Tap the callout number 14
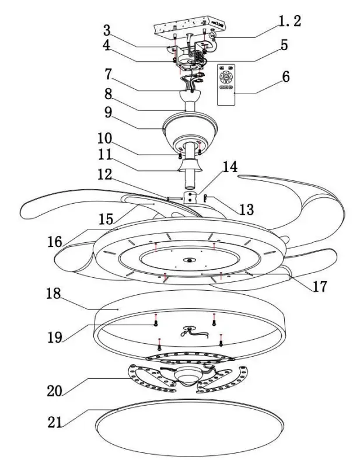(229, 167)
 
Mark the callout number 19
(54, 337)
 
